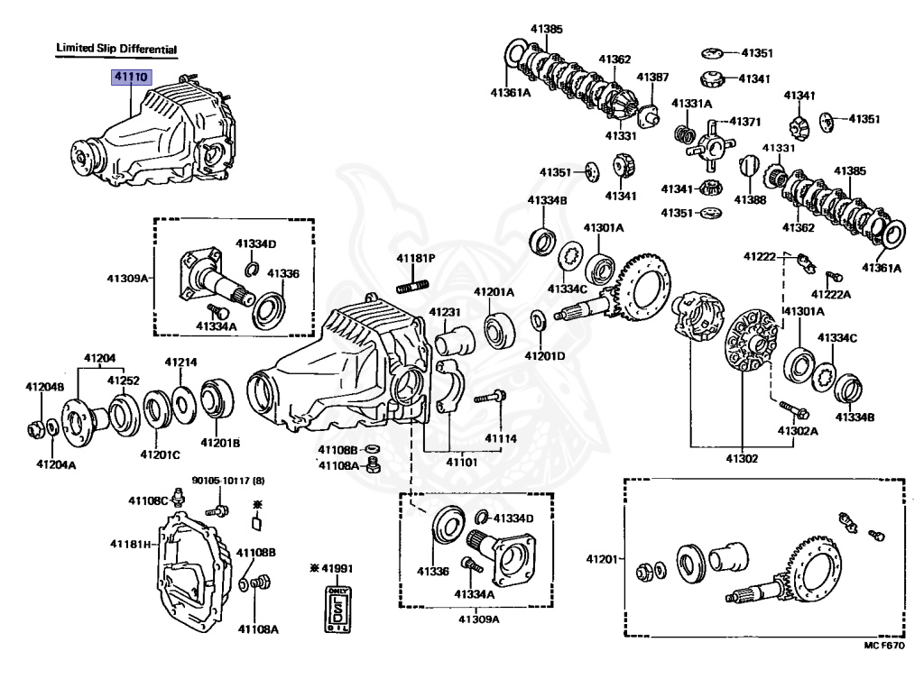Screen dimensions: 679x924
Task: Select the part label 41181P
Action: pos(416,258)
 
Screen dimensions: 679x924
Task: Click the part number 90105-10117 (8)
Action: pos(226,480)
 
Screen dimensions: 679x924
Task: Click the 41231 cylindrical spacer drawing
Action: pos(455,344)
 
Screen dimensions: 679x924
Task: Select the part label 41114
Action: pos(502,438)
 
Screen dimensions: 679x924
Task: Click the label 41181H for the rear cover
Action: pos(129,544)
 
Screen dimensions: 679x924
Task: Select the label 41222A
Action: pos(831,294)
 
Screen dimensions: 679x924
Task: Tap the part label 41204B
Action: pos(44,387)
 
